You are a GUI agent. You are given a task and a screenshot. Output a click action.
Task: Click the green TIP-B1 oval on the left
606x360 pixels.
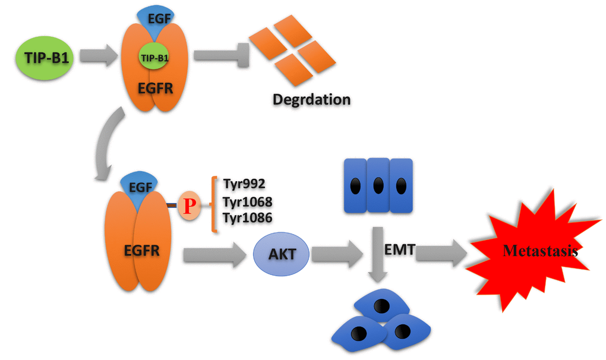click(x=44, y=58)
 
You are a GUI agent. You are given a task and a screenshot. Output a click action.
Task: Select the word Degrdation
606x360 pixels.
click(x=311, y=99)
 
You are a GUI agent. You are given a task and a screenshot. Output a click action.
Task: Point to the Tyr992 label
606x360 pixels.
click(x=244, y=184)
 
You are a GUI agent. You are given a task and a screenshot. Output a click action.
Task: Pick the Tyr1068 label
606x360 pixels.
click(x=247, y=201)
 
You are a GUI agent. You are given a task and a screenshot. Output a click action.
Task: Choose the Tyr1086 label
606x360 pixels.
click(x=247, y=218)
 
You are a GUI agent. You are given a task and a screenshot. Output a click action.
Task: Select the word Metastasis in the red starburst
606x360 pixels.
click(x=540, y=251)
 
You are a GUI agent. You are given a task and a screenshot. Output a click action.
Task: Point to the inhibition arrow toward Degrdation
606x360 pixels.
click(x=217, y=55)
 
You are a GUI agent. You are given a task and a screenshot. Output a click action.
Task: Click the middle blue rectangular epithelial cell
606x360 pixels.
click(x=378, y=185)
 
